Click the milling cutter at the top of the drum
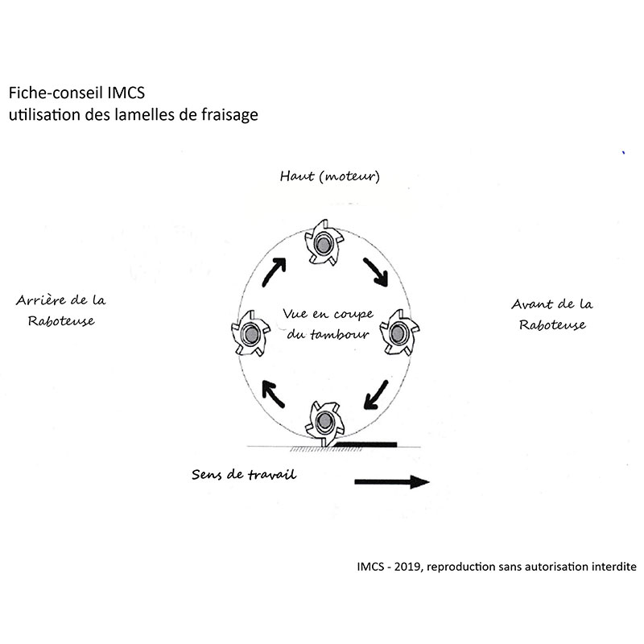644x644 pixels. tap(324, 244)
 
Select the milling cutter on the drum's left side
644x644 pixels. tap(250, 333)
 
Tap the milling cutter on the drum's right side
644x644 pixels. tap(398, 332)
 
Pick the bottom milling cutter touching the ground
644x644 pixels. tap(325, 423)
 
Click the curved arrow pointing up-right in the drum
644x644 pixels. tap(274, 271)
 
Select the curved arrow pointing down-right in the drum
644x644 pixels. tap(375, 271)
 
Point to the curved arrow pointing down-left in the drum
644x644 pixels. tap(375, 394)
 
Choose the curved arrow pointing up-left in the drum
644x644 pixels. tap(273, 394)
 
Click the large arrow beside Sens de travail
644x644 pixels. tap(392, 481)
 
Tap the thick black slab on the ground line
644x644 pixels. tap(365, 444)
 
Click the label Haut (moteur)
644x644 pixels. tap(330, 176)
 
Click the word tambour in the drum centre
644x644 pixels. tap(339, 334)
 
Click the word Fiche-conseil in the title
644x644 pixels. tap(56, 93)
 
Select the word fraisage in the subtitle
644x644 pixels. tap(229, 115)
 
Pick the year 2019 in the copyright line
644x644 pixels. tap(408, 567)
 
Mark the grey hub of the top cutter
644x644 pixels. tap(324, 246)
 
